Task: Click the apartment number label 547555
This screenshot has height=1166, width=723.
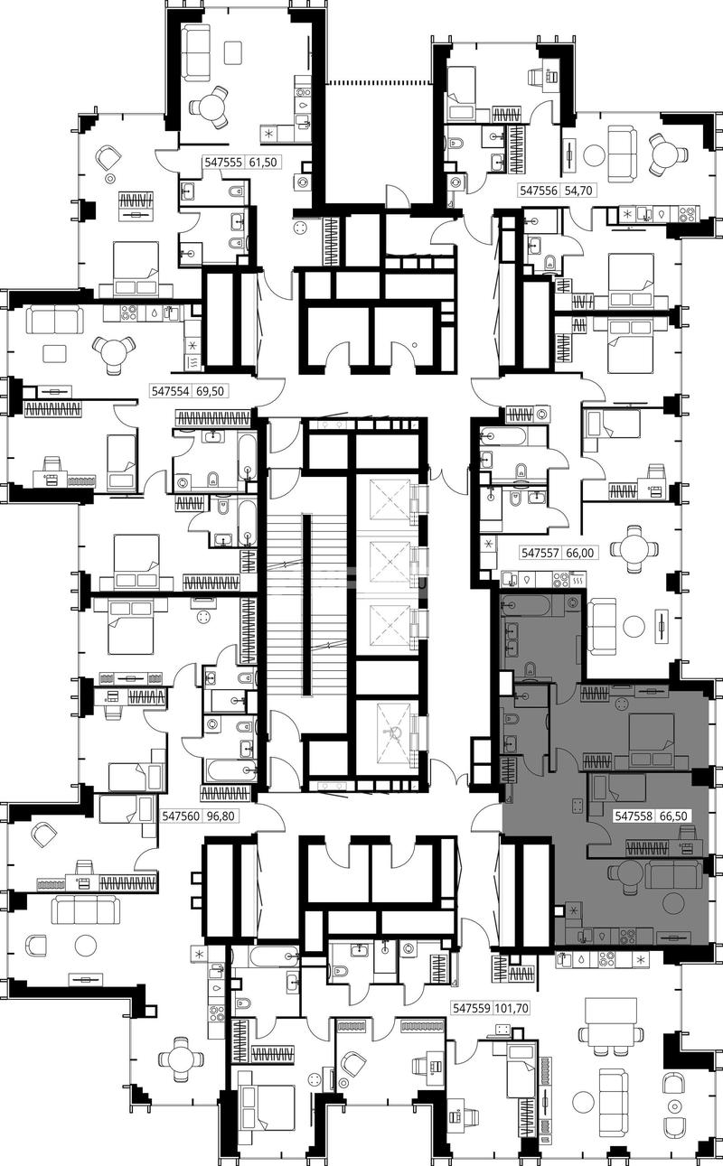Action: click(223, 163)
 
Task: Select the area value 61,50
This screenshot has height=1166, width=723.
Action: click(263, 163)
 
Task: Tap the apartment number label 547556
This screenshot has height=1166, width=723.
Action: click(539, 191)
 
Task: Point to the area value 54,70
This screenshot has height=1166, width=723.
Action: click(578, 191)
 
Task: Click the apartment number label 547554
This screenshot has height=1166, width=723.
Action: click(170, 390)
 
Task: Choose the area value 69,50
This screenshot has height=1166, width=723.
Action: click(210, 390)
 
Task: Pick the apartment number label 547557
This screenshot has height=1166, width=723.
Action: click(540, 552)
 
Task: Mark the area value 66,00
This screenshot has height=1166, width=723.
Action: click(579, 552)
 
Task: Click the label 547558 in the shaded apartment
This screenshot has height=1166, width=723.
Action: click(634, 816)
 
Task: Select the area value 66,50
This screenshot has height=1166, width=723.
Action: click(673, 816)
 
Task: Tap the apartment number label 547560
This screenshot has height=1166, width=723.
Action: click(181, 816)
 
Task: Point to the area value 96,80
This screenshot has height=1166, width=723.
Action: click(221, 816)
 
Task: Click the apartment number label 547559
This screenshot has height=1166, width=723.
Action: click(472, 1008)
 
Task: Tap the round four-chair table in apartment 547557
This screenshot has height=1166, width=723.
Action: click(634, 548)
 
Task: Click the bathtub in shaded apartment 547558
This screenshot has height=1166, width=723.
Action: click(524, 604)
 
